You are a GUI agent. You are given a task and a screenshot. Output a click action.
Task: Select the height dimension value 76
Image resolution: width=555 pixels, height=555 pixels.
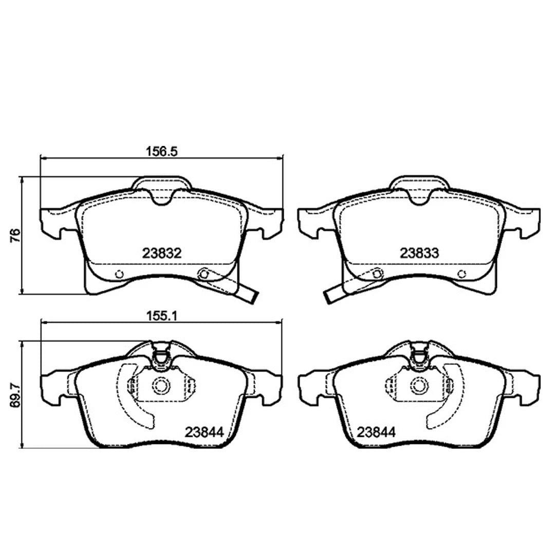click(15, 236)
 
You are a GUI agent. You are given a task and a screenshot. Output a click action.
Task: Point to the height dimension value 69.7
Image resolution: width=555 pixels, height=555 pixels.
click(15, 394)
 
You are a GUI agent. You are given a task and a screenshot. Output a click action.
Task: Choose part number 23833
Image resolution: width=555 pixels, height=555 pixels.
click(419, 253)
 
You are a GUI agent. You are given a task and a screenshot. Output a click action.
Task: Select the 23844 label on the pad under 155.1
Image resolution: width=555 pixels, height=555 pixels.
click(204, 432)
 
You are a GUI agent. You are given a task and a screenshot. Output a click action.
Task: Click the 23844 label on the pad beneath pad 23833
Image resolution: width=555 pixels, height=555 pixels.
click(377, 432)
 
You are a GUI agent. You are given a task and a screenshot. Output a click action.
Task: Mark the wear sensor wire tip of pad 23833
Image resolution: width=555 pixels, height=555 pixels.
click(329, 297)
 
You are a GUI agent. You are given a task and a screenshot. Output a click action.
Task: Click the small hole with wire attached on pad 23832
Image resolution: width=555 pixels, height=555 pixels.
click(204, 274)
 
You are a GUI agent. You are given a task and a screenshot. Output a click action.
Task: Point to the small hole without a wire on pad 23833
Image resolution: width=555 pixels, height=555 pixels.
click(462, 274)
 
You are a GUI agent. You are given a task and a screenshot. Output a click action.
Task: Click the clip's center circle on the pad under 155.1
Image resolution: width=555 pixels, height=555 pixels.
click(162, 385)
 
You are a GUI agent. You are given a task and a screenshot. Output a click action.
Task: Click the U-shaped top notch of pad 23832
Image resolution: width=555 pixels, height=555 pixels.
click(162, 197)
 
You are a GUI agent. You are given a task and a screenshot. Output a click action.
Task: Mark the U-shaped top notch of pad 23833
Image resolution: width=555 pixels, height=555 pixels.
click(419, 197)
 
